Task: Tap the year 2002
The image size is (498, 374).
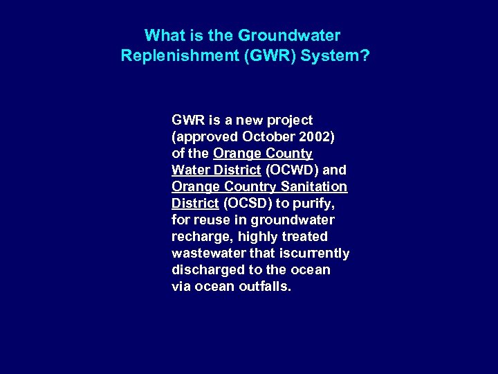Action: click(x=318, y=136)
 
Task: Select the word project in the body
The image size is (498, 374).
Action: click(x=290, y=120)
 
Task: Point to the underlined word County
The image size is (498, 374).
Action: click(x=289, y=153)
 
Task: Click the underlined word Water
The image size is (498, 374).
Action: click(x=190, y=170)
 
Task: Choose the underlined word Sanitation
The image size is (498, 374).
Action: click(x=315, y=186)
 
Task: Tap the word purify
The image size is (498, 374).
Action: click(x=312, y=203)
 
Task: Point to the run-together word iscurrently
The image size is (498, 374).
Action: click(x=315, y=253)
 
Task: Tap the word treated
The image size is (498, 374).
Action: click(x=304, y=236)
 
